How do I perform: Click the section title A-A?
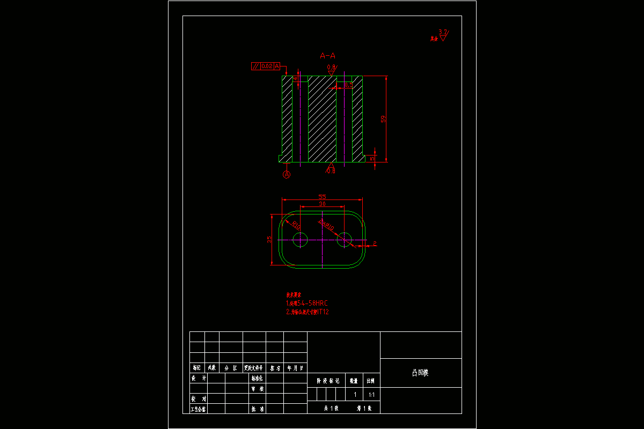(327, 55)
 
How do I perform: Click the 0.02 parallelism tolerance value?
(267, 66)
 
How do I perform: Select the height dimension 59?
(383, 119)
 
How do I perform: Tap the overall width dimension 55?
(322, 197)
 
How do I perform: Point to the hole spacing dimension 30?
(322, 204)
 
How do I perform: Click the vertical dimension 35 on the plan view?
(269, 239)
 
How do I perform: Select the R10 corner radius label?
(296, 225)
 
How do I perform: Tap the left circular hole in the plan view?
(300, 240)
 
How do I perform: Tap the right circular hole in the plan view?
(344, 240)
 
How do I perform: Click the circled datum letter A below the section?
(287, 174)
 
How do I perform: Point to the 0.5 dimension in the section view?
(348, 85)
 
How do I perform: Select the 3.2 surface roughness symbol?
(443, 35)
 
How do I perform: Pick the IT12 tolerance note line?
(307, 312)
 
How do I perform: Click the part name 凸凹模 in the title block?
(420, 373)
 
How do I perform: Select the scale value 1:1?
(371, 394)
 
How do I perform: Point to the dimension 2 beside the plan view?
(375, 244)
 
